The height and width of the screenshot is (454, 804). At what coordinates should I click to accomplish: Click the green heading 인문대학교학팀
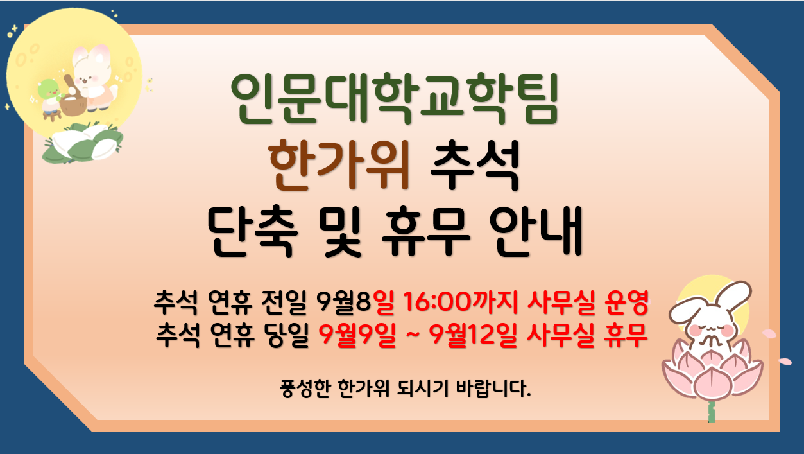pos(394,98)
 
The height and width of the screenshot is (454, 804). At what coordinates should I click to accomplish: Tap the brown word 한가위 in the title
pos(339,165)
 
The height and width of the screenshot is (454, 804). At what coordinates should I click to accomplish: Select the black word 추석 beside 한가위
pos(475,165)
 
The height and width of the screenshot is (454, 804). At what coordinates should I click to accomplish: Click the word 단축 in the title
pos(253,232)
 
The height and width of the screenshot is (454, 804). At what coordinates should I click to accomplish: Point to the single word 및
pos(343,232)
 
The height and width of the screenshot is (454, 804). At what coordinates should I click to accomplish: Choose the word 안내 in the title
pos(536,232)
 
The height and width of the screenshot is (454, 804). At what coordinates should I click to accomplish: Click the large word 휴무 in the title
pos(425,232)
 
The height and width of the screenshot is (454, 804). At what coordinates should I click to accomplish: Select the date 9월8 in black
pos(343,302)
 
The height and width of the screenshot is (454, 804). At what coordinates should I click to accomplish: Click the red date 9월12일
pos(473,335)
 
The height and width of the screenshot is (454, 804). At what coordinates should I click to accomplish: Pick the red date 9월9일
pos(357,335)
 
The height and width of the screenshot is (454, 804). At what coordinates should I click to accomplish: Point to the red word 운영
pos(626,302)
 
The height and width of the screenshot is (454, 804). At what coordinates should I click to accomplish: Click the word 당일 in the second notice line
pos(287,335)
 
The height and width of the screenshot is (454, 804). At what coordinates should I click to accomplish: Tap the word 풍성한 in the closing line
pos(305,389)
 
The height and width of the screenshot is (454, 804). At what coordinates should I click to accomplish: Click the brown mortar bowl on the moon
pos(73,105)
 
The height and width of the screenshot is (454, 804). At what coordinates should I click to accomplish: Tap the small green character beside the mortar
pos(50,97)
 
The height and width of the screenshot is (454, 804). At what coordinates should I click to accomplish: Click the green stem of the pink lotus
pos(712,412)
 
